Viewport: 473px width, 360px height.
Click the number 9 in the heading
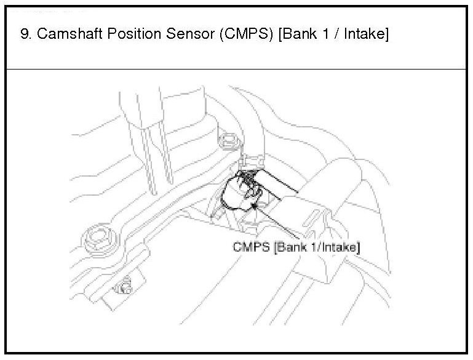[x=25, y=33]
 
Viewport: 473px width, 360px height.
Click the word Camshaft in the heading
[x=70, y=33]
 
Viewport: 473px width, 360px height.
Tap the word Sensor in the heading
[x=190, y=33]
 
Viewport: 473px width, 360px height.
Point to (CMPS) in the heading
[x=246, y=33]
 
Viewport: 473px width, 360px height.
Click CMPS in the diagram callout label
[x=252, y=247]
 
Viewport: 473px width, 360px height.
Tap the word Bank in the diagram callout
[x=290, y=247]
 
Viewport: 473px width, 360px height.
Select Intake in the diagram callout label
[x=340, y=247]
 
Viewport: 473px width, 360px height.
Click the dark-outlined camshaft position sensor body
[x=241, y=191]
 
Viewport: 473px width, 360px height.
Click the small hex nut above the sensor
[x=229, y=141]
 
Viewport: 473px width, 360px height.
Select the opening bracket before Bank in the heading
[x=280, y=34]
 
